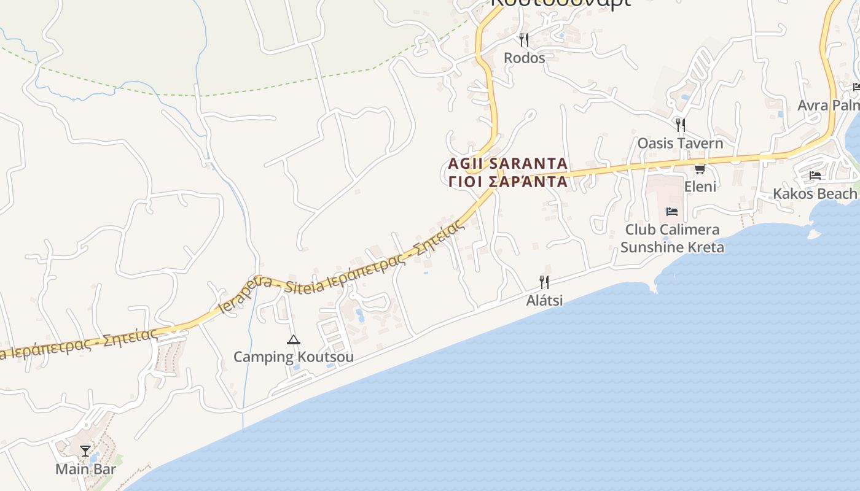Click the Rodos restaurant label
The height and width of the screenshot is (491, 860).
point(524,58)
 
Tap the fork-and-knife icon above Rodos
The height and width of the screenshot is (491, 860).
point(524,40)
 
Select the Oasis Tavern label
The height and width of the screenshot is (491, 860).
point(680,143)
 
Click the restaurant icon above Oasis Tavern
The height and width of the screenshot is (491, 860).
point(680,125)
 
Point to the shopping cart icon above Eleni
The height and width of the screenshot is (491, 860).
point(700,169)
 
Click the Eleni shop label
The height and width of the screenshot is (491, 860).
point(700,186)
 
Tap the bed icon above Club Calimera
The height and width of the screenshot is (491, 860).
point(672,212)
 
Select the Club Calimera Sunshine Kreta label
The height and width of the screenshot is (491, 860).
point(672,238)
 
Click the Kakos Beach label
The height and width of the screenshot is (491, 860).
point(815,194)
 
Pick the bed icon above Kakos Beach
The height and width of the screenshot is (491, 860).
point(815,176)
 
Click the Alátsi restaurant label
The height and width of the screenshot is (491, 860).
point(544,301)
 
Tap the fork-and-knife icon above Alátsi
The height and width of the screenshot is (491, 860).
point(544,282)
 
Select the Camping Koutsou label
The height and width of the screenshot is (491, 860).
point(294,357)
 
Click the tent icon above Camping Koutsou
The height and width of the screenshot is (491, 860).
point(294,339)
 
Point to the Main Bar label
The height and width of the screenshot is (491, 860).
point(85,469)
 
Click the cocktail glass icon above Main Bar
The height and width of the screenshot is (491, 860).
point(85,452)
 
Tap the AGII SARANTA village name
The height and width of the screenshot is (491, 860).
point(508,164)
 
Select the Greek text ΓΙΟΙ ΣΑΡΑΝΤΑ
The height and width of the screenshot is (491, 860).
point(508,182)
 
